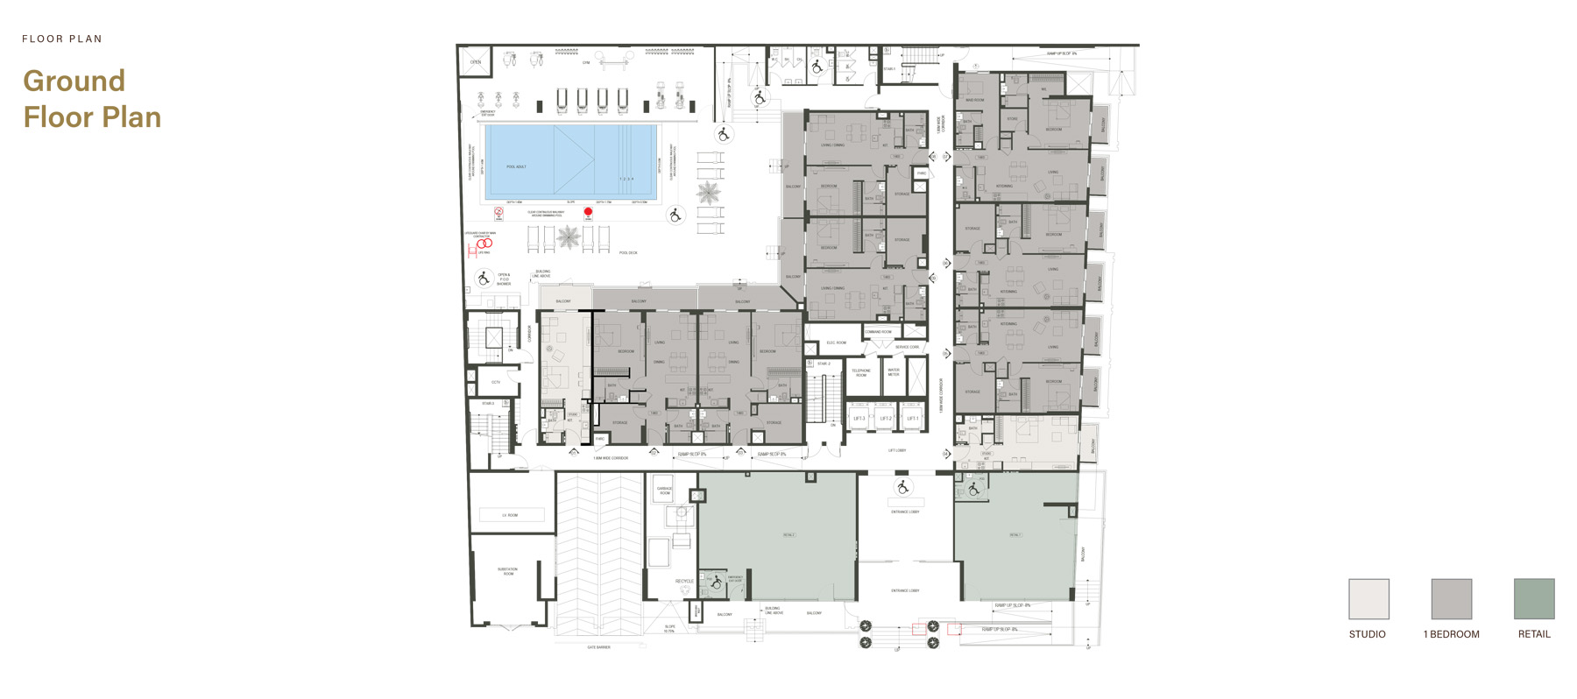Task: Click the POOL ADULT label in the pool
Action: [x=516, y=166]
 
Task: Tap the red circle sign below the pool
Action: [x=588, y=212]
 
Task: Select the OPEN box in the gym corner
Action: [x=476, y=62]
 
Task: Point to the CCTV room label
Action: [x=496, y=382]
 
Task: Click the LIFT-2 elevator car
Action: [x=886, y=419]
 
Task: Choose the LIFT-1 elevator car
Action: [x=912, y=419]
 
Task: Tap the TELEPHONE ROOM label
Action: [x=861, y=372]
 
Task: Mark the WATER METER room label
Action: [x=894, y=371]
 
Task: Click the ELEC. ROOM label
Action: [x=836, y=342]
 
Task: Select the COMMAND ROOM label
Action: [x=878, y=332]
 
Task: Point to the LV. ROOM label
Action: [x=510, y=515]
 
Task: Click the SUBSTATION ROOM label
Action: [x=508, y=571]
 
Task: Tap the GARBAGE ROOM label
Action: [x=665, y=491]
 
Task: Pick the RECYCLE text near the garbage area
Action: [x=684, y=581]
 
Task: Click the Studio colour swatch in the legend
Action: [x=1368, y=599]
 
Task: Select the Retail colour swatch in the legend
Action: [x=1534, y=599]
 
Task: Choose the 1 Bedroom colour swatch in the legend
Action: [x=1451, y=599]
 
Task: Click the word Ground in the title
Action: [x=74, y=81]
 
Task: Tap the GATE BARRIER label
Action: [x=598, y=647]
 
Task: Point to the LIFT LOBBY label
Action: [x=897, y=450]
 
